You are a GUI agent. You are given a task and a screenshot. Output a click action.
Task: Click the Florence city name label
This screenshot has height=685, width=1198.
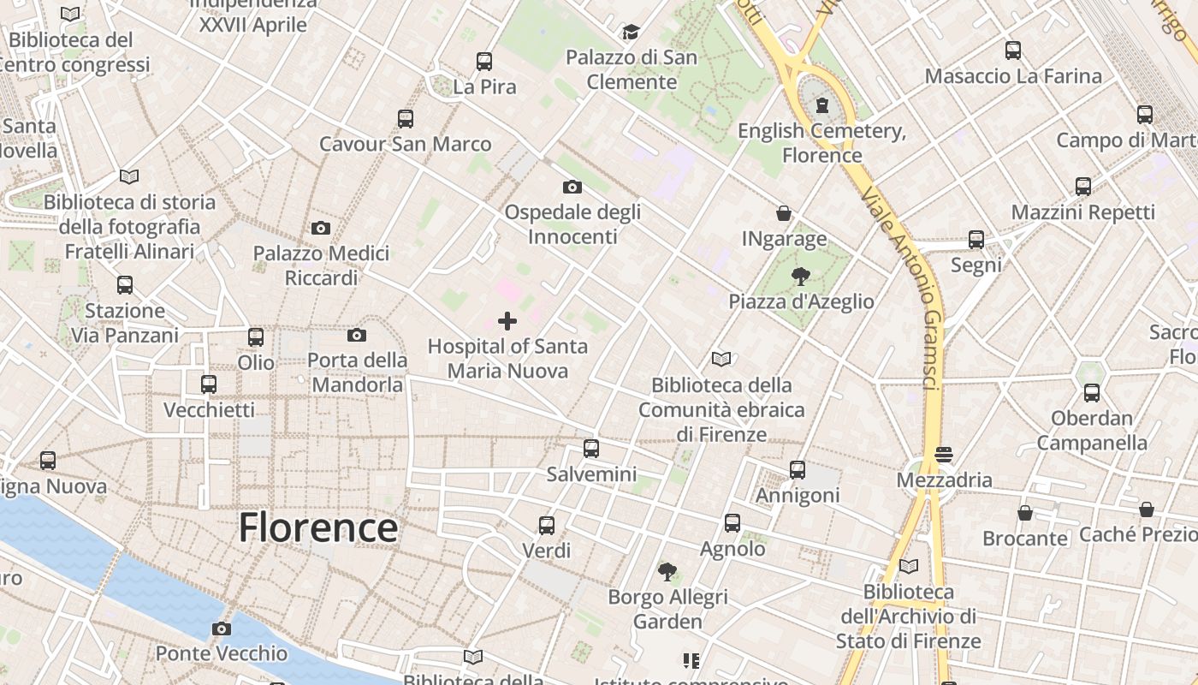click(318, 527)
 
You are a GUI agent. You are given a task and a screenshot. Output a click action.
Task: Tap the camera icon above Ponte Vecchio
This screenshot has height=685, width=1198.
click(222, 629)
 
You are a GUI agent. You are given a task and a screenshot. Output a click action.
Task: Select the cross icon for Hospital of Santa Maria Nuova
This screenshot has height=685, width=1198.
click(507, 321)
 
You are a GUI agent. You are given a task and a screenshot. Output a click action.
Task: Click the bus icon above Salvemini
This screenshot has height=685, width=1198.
click(590, 448)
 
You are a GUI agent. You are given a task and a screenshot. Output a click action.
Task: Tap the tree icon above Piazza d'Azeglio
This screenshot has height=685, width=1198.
click(801, 277)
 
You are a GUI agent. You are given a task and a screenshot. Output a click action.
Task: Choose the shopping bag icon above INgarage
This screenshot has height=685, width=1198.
click(784, 213)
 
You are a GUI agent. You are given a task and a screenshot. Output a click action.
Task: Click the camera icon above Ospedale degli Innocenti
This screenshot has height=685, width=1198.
click(572, 187)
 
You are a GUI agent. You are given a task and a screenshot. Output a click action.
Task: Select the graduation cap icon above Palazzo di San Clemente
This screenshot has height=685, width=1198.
click(631, 33)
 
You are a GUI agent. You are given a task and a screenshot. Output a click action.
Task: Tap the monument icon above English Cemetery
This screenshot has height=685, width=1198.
click(822, 105)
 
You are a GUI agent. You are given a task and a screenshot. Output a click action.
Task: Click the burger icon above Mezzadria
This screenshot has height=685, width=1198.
click(944, 454)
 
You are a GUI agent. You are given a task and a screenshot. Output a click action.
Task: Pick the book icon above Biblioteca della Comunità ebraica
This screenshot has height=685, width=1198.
click(721, 360)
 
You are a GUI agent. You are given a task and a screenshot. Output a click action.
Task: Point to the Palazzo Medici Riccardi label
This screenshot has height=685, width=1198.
click(321, 265)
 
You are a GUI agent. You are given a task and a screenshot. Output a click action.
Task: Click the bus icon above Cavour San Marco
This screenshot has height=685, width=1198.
click(405, 118)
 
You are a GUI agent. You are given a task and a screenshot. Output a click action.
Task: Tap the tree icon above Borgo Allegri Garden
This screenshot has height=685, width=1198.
click(667, 571)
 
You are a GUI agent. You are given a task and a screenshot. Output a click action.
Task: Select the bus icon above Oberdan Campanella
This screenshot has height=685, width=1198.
click(1091, 393)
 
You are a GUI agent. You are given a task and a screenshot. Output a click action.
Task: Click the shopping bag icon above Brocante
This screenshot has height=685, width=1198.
click(1024, 513)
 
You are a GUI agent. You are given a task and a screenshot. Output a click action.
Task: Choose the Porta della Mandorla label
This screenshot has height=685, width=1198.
click(357, 372)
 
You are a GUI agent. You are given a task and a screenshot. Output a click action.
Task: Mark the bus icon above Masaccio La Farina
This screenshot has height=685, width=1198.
click(1013, 51)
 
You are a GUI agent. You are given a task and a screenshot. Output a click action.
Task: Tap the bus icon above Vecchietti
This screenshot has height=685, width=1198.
click(209, 384)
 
